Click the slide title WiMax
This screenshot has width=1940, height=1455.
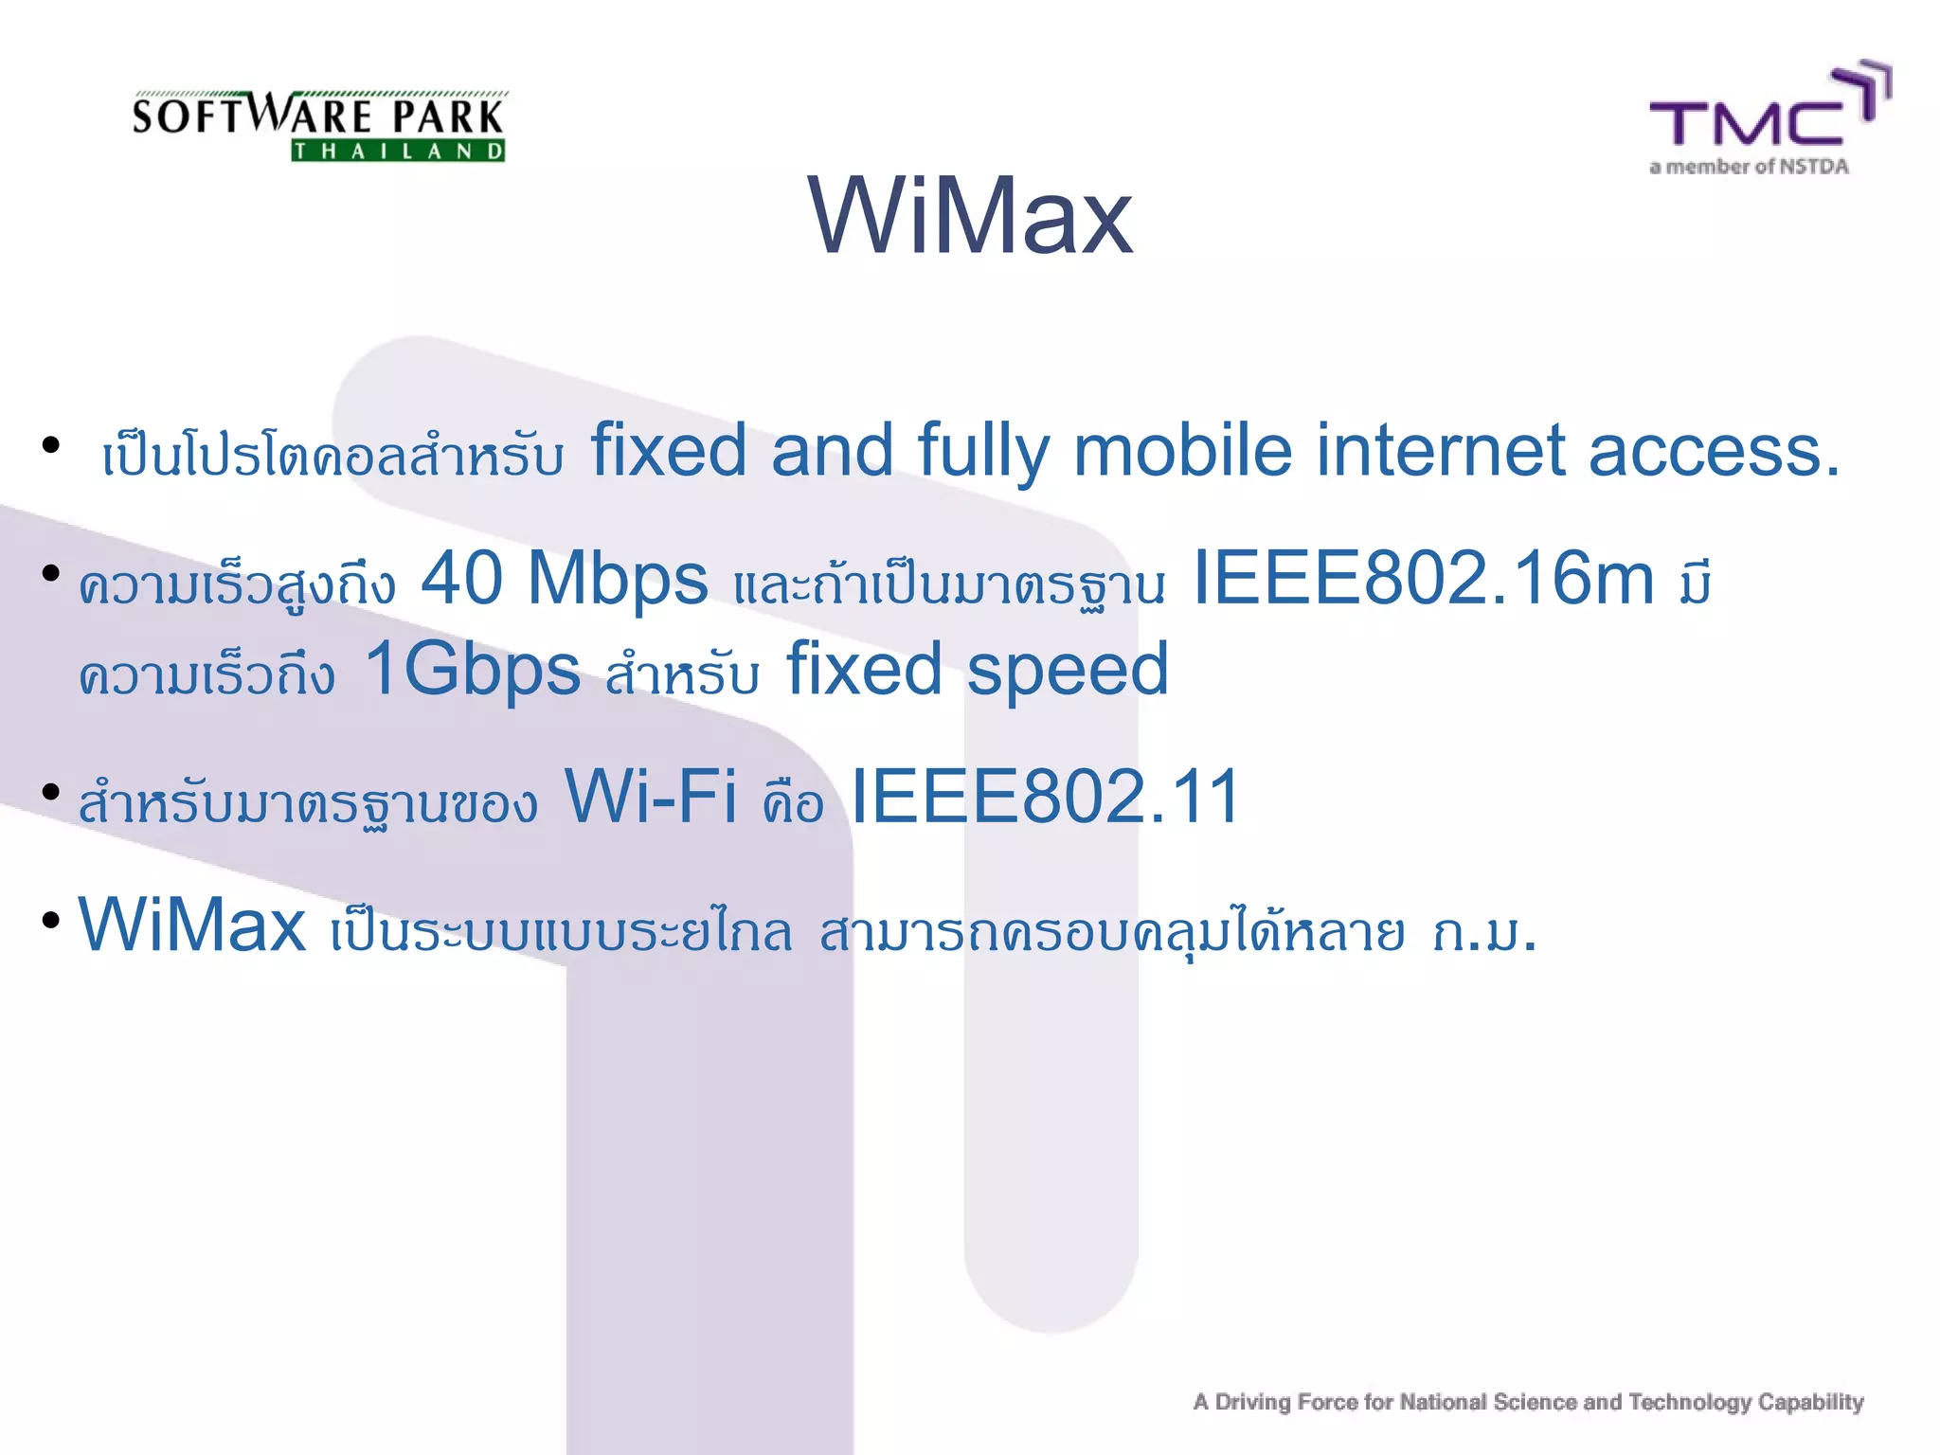coord(970,217)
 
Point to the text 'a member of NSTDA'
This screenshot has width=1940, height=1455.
coord(1749,168)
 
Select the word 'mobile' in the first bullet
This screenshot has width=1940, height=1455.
coord(1181,451)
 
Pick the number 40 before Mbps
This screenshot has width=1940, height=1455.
coord(461,578)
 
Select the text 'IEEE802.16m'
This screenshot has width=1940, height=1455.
coord(1423,578)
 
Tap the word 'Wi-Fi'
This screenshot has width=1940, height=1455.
coord(651,797)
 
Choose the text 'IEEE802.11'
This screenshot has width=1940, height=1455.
coord(1045,797)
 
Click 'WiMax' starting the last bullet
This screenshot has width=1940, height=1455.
coord(192,925)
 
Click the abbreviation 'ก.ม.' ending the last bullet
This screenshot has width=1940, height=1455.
coord(1483,932)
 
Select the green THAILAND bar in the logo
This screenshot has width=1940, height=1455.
coord(398,151)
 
